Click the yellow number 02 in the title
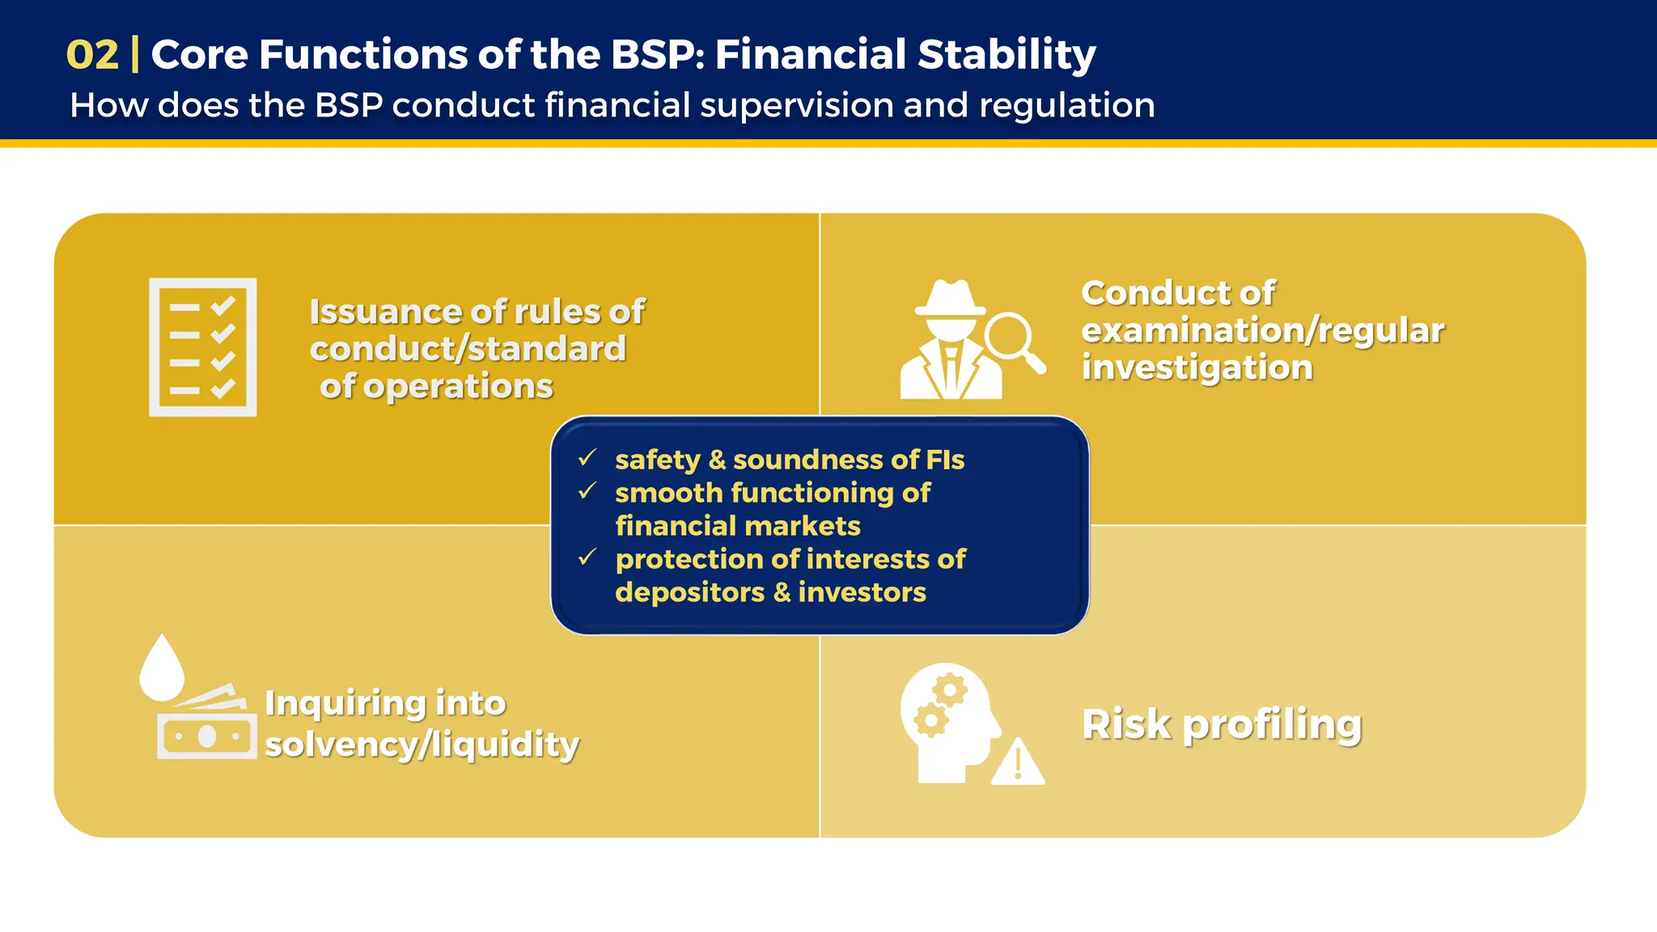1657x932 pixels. coord(92,55)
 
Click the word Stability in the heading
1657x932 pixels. coord(1006,55)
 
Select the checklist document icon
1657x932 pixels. coord(202,347)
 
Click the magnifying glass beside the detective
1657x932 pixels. coord(1011,338)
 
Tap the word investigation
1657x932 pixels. coord(1197,368)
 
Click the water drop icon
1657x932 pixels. coord(162,667)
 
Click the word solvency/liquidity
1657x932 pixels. coord(422,744)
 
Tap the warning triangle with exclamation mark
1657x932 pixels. coord(1018,763)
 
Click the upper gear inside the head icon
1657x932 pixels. coord(950,690)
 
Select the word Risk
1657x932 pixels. coord(1126,724)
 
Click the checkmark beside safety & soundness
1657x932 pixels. coord(587,459)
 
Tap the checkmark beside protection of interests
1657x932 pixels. coord(587,557)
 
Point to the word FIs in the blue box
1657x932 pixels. coord(945,460)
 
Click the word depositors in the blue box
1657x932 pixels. coord(689,592)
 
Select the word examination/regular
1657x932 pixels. coord(1262,330)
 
